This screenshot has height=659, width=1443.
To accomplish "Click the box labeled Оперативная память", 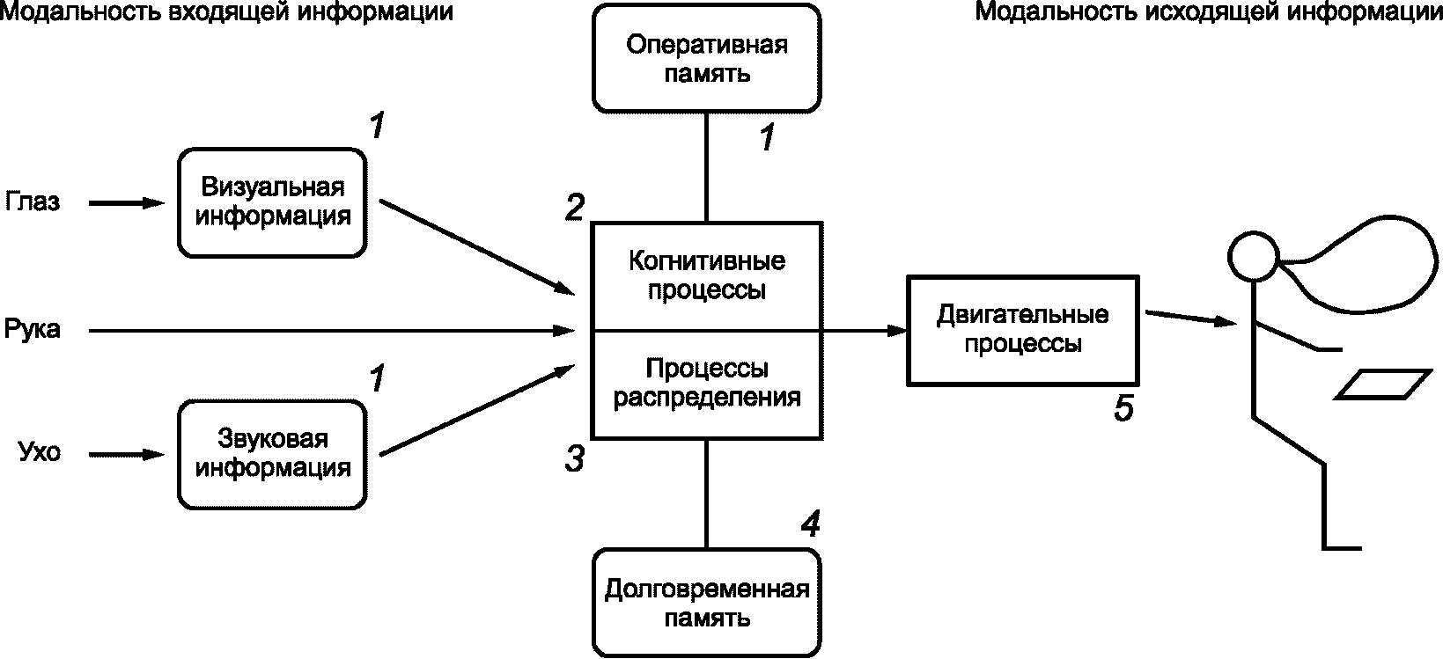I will (x=707, y=58).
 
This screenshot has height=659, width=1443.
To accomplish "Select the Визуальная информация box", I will (x=273, y=202).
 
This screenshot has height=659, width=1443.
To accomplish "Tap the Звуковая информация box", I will (x=273, y=453).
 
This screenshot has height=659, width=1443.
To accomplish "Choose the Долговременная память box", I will (x=707, y=603).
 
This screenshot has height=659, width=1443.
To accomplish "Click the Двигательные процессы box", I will (x=1023, y=329).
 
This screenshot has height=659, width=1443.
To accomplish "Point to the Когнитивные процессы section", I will (x=707, y=276).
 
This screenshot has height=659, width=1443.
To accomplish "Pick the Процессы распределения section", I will (x=707, y=384).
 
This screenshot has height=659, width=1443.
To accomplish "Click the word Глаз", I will (x=33, y=202).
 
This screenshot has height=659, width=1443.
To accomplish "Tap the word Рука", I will (x=33, y=330).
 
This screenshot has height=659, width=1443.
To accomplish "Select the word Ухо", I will (x=40, y=454).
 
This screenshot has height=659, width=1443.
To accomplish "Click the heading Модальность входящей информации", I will (x=227, y=12).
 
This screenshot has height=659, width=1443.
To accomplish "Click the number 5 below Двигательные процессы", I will (x=1123, y=408).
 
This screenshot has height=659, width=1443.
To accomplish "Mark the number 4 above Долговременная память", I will (x=810, y=525).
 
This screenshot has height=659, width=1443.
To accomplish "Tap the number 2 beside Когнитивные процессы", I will (x=574, y=208).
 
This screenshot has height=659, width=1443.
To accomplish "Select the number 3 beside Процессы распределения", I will (x=574, y=458).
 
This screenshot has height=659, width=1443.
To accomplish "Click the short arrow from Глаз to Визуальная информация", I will (x=128, y=203).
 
